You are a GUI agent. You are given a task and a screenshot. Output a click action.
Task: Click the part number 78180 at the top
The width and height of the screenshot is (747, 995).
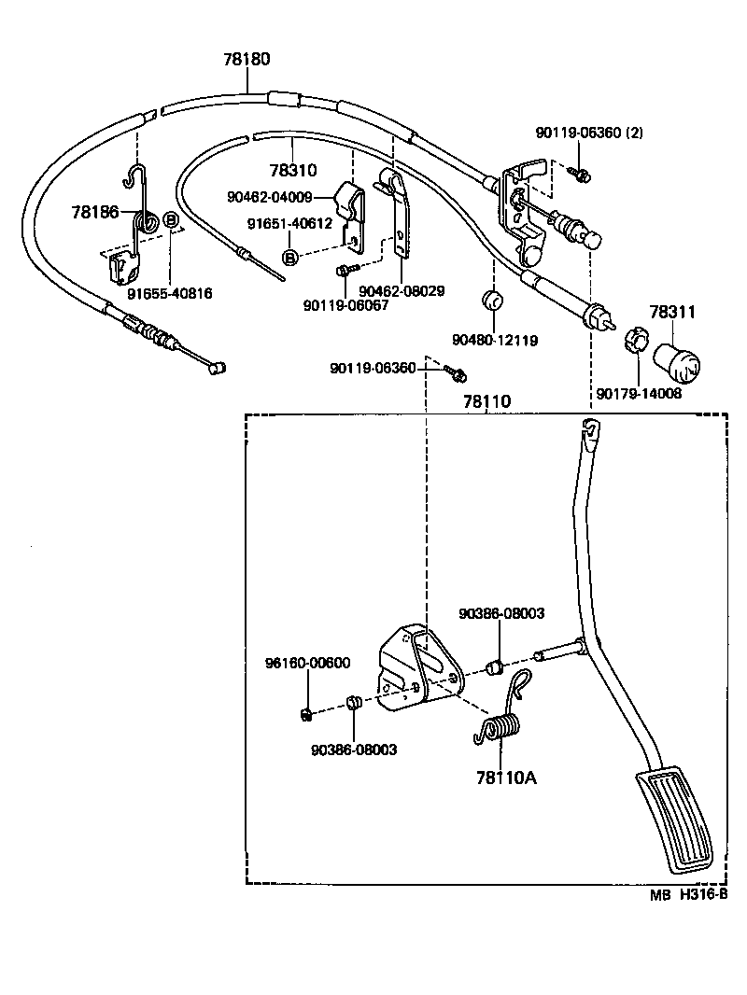pos(247,59)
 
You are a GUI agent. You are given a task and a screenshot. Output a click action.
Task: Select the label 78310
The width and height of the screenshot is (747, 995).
pos(293,171)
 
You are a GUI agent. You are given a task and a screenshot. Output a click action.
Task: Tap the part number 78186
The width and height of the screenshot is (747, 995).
pos(94,213)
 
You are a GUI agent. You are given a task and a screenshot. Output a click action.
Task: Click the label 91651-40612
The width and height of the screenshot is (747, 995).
pos(289,224)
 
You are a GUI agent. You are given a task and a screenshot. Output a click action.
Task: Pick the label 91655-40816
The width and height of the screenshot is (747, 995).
pos(170,293)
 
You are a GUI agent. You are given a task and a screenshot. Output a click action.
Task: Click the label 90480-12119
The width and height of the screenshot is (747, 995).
pos(495,341)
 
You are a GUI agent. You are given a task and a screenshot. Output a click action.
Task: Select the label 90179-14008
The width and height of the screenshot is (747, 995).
pos(640,393)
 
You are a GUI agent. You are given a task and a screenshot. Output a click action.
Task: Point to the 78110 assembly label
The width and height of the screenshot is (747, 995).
pos(487,401)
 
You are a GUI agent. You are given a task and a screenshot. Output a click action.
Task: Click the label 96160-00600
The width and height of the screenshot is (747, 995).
pos(307,664)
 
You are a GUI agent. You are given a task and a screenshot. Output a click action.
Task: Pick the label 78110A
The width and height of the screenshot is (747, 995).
pos(506,777)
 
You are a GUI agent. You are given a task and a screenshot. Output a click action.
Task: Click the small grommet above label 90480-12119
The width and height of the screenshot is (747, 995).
pos(491,302)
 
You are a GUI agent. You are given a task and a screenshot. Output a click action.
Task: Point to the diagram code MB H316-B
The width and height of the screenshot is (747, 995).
pos(688,893)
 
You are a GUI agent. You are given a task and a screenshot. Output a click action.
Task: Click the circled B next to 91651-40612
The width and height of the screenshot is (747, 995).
pos(290,257)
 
